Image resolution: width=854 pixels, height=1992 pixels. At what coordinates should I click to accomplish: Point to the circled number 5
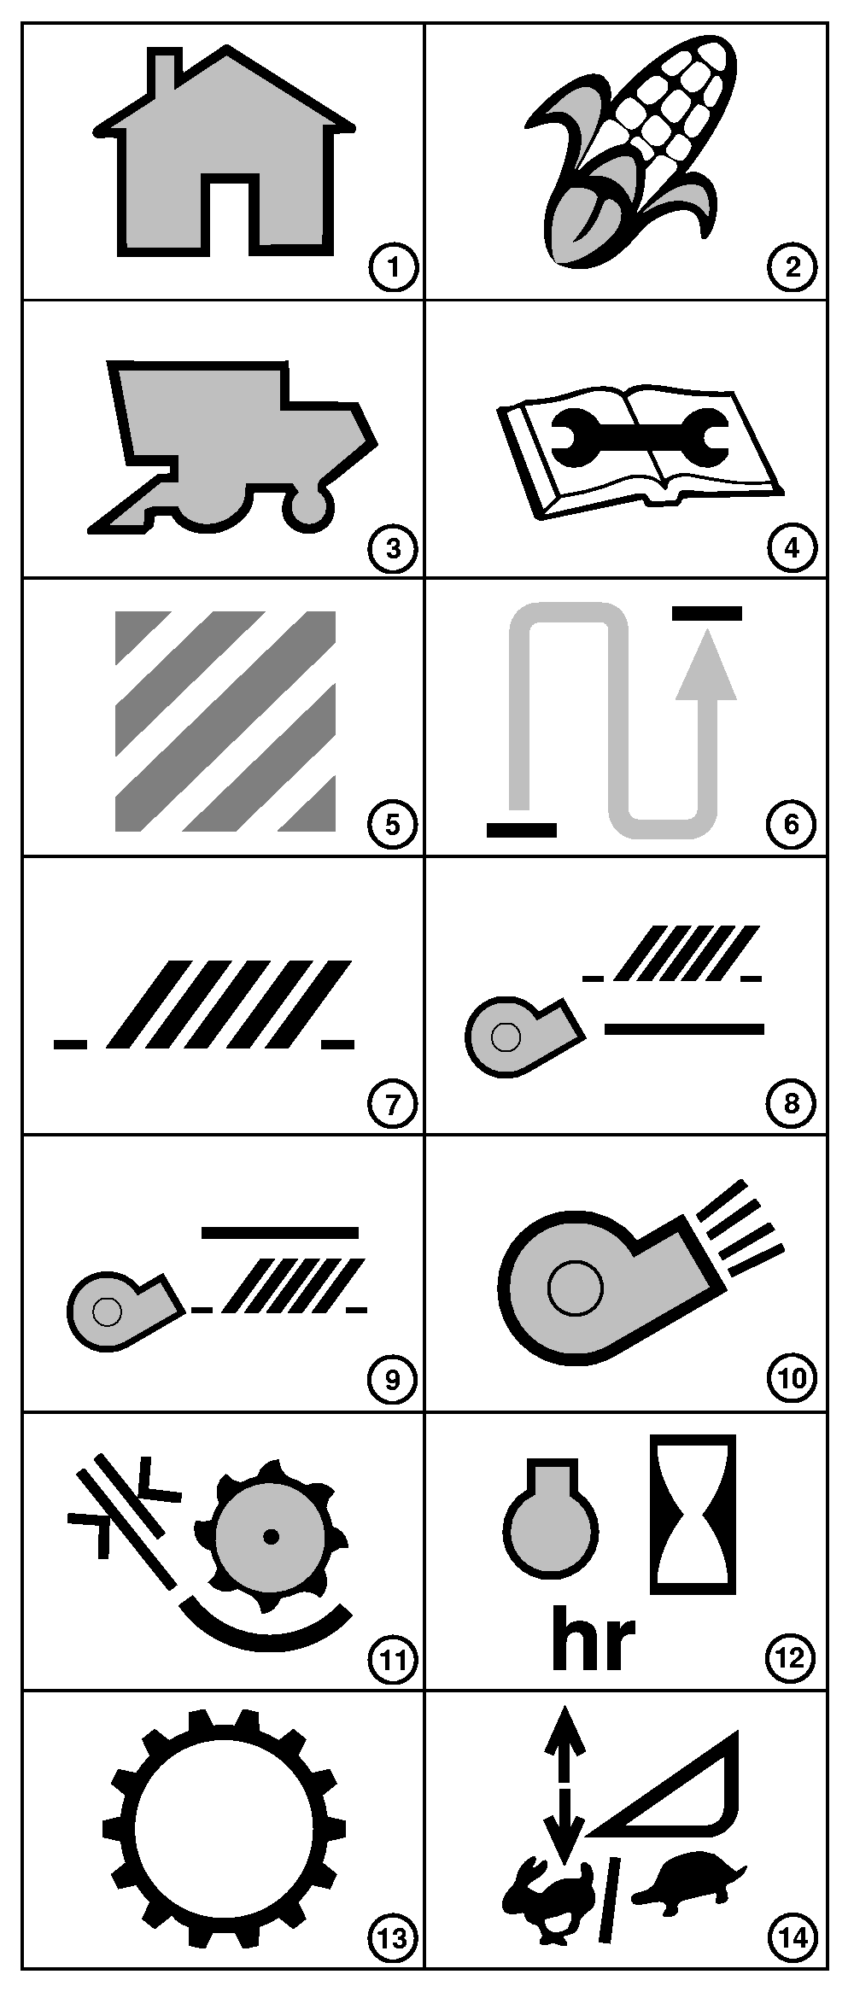point(392,824)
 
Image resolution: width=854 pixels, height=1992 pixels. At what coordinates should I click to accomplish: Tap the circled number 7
point(392,1103)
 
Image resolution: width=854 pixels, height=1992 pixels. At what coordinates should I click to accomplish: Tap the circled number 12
point(792,1658)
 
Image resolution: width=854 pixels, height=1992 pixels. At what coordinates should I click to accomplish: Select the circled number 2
point(792,268)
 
